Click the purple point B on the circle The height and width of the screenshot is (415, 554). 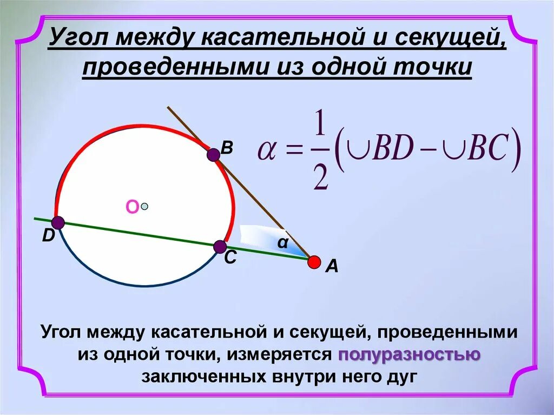coord(213,155)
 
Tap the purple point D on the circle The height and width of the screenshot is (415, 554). coord(58,222)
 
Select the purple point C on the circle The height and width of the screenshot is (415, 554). coord(220,247)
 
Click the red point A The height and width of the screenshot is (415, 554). coord(314,262)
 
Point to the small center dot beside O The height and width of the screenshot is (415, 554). coord(144,206)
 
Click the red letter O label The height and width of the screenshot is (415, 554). coord(132,207)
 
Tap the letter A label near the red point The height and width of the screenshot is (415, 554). coord(331,266)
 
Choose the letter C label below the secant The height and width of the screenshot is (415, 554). coord(230,259)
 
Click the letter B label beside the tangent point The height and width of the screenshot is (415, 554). coord(227,148)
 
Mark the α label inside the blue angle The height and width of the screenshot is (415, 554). coord(282,243)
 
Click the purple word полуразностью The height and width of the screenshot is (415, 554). coord(410,354)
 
